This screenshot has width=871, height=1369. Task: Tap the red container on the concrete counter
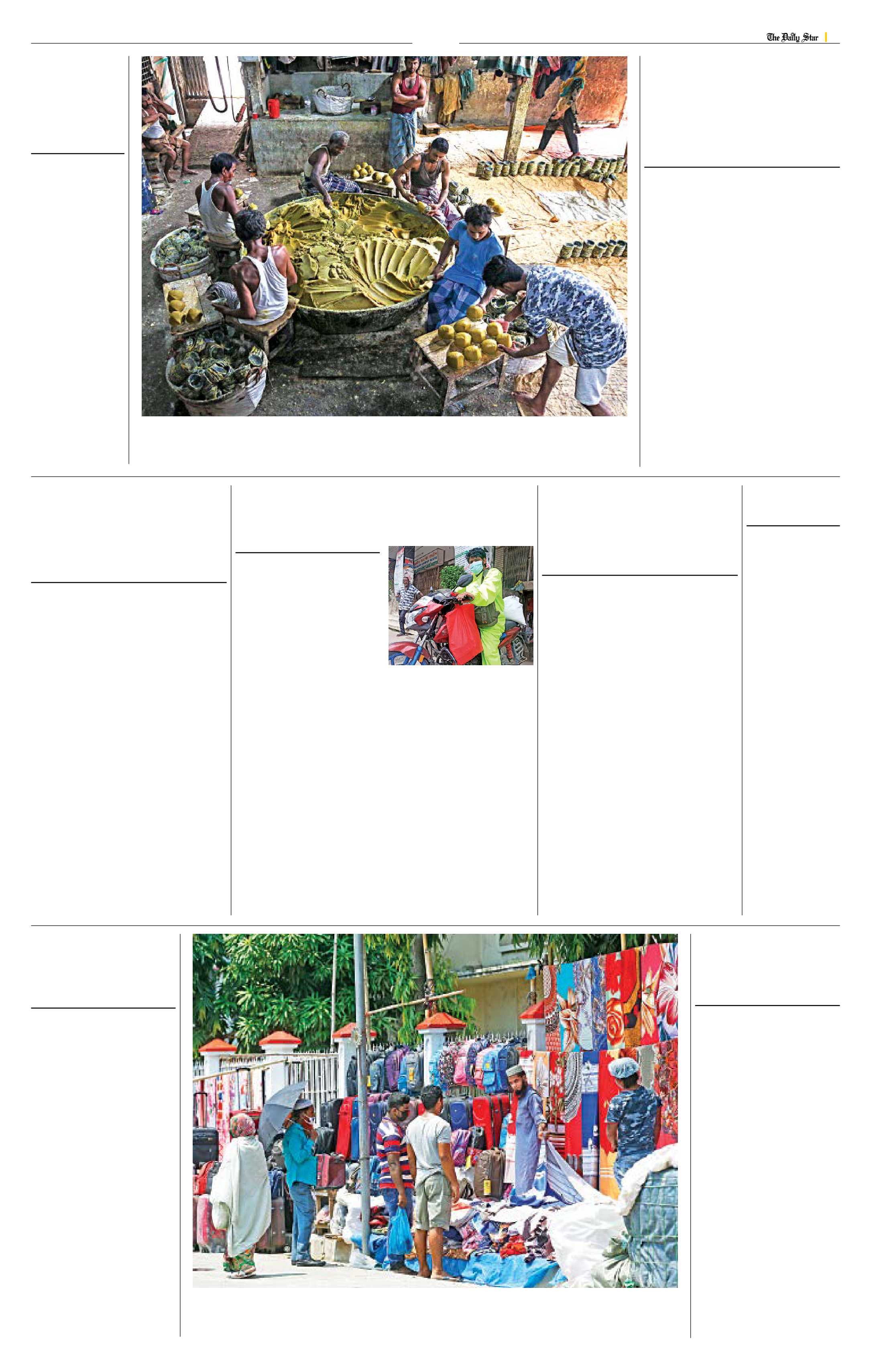coord(274,108)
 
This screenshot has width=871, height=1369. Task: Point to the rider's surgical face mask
coord(475,566)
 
